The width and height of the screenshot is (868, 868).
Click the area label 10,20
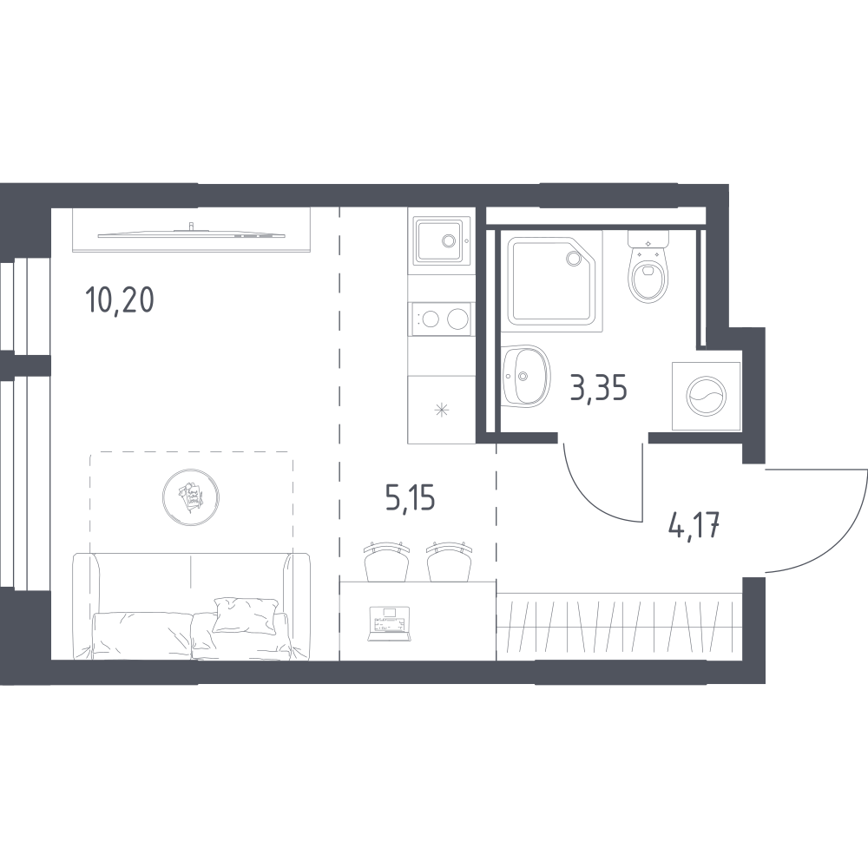[x=120, y=301]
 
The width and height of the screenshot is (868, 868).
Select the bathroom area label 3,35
[x=598, y=388]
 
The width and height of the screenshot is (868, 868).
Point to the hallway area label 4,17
[x=694, y=527]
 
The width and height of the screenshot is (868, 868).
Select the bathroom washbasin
[x=526, y=376]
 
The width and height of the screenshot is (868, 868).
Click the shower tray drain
[x=572, y=258]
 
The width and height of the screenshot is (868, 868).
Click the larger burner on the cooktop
[x=457, y=319]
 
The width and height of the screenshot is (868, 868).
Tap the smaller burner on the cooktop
[x=431, y=319]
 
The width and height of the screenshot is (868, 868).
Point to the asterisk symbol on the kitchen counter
[x=441, y=411]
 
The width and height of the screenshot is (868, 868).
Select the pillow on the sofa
[x=245, y=615]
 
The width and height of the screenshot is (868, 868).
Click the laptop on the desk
[x=390, y=624]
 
